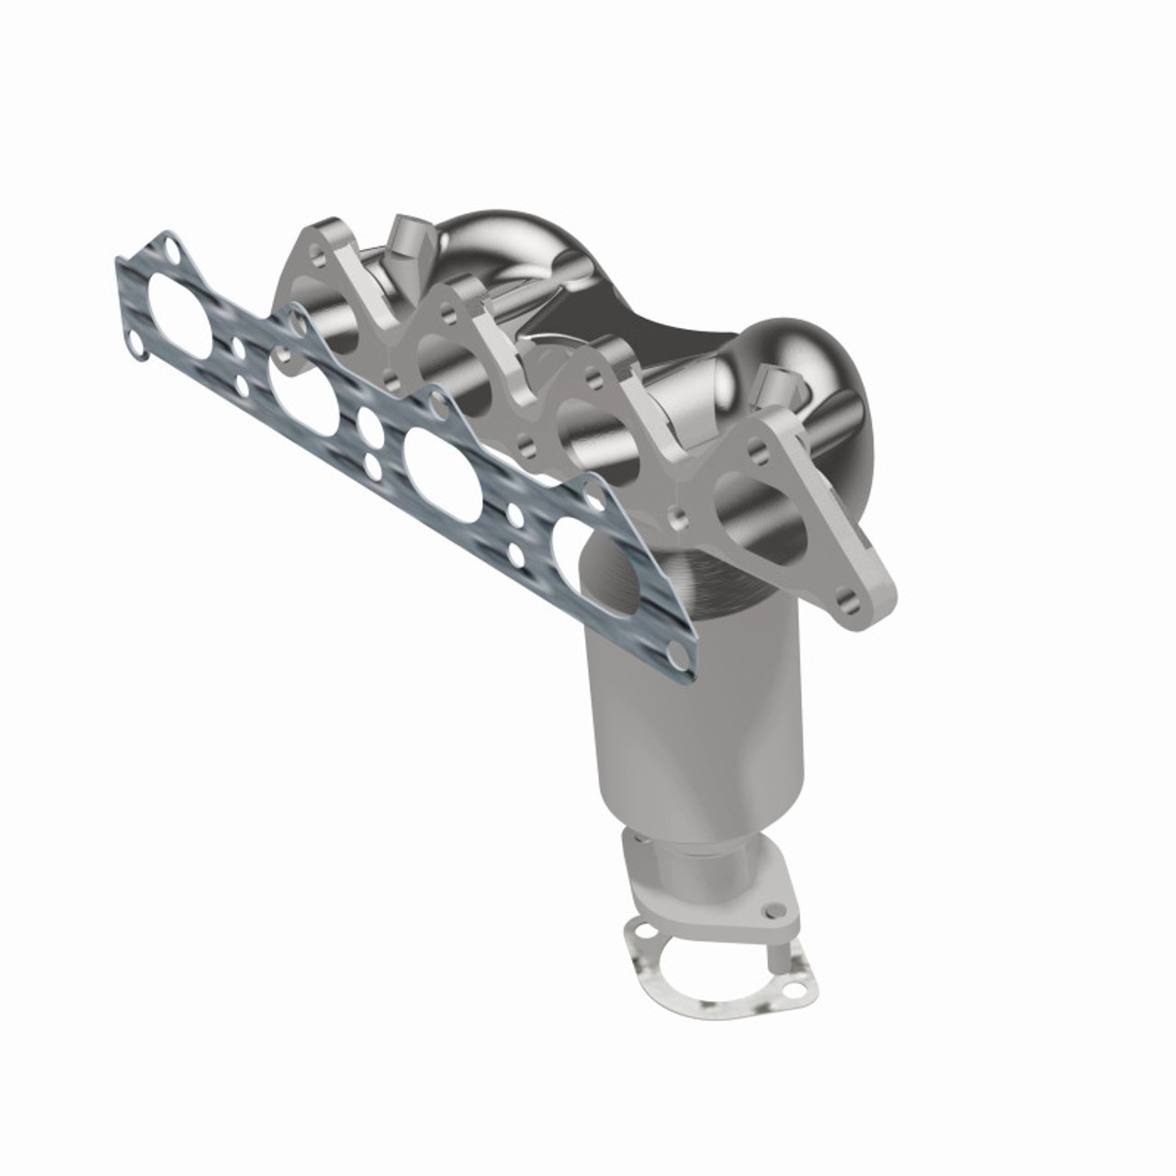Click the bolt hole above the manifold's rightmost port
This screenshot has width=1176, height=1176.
(758, 452)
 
